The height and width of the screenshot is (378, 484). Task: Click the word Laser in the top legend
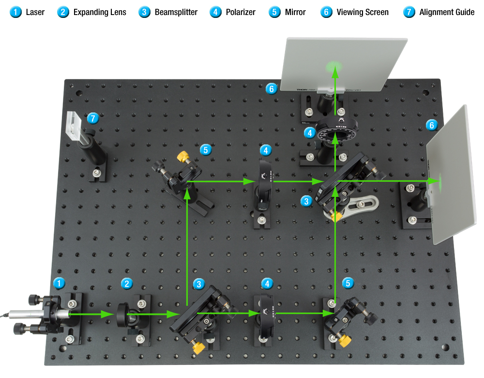click(35, 12)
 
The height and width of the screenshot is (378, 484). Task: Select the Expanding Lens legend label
click(100, 12)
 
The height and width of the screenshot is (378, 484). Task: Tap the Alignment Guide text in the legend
click(447, 12)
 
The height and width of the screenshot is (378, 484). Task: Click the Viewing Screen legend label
click(363, 12)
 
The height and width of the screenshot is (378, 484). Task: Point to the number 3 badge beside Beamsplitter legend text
click(144, 12)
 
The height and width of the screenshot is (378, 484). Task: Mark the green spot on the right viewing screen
click(440, 181)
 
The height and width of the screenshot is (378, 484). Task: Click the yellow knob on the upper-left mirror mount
click(183, 157)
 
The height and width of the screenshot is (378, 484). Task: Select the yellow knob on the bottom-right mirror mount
click(345, 341)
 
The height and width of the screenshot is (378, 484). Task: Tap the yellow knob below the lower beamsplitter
click(197, 348)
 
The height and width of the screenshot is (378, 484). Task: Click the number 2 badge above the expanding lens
click(127, 284)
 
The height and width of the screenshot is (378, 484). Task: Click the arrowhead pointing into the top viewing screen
click(334, 72)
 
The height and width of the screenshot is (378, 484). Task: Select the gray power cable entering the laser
click(7, 316)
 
